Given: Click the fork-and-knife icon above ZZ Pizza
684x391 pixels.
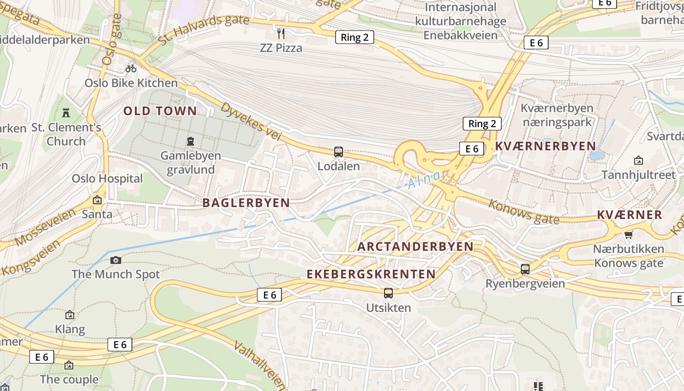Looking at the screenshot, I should (x=281, y=33).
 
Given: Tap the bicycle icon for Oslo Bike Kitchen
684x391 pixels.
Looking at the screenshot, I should (x=130, y=68).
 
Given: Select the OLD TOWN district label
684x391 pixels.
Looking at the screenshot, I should (x=160, y=111).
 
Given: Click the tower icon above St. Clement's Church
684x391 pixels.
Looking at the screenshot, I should (x=66, y=113).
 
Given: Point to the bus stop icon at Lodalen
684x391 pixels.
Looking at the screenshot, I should (x=338, y=152).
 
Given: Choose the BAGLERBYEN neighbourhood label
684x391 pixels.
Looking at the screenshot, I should (x=246, y=203).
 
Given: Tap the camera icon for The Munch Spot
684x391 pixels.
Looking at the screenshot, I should (x=116, y=260).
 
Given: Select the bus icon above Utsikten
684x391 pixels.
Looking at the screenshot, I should (x=388, y=293).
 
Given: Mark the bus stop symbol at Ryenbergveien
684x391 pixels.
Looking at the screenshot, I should (x=525, y=269).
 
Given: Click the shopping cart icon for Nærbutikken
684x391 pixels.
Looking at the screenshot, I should (x=628, y=235).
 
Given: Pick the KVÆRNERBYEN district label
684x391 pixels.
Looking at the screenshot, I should (x=545, y=146).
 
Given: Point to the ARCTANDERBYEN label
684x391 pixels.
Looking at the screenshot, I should (x=415, y=247).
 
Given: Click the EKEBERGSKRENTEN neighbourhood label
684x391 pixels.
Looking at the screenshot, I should (x=371, y=274).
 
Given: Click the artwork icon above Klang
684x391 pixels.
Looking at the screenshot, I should (x=70, y=315).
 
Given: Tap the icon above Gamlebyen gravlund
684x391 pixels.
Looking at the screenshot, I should (x=190, y=142).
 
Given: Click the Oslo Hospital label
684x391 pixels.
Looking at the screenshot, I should (x=107, y=178).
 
